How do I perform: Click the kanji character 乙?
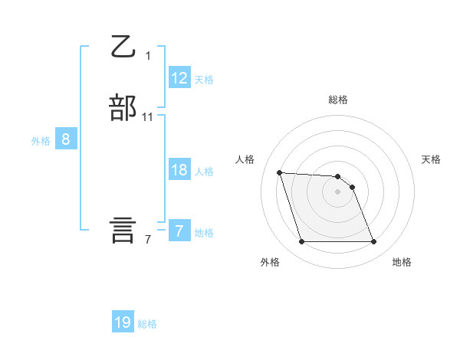123,47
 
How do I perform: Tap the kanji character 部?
123,108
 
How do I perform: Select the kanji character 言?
123,230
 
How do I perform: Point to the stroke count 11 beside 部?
148,117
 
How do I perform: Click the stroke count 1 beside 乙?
148,56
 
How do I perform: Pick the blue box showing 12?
179,77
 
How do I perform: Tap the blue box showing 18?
179,170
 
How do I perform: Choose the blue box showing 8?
66,139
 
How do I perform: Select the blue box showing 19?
123,322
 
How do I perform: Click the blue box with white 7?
179,231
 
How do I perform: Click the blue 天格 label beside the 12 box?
204,80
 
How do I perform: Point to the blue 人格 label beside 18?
204,172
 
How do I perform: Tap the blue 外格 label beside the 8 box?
41,141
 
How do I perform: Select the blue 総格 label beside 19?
147,324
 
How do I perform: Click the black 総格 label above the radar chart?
338,100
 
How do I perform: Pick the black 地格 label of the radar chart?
402,262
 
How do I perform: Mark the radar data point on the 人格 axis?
280,172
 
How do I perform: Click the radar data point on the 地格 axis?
373,242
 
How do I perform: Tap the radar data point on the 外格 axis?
302,242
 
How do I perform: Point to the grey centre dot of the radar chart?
338,191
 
